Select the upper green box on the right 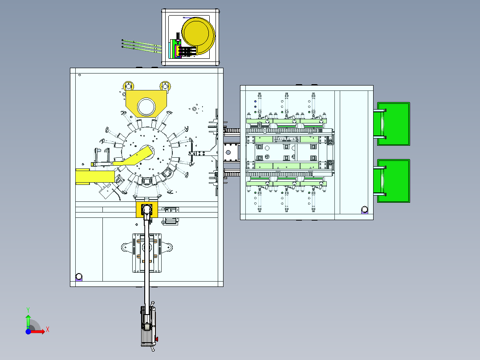(394, 124)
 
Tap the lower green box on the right (394, 181)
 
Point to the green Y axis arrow (28, 322)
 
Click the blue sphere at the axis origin (28, 331)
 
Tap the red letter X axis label (48, 330)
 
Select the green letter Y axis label (28, 310)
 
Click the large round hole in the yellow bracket (146, 106)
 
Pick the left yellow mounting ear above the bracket (128, 85)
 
